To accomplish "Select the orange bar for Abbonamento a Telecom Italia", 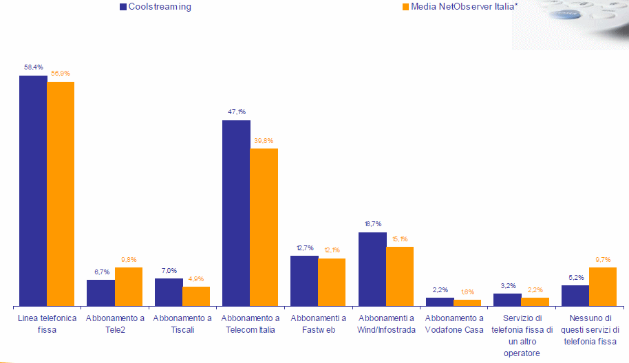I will coord(264,227).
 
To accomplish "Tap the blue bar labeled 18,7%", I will coord(372,269).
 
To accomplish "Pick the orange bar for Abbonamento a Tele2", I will coord(129,286).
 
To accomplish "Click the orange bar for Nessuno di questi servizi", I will coord(603,286).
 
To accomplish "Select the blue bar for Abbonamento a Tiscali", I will coord(169,291).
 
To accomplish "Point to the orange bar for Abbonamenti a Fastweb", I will coord(332,282).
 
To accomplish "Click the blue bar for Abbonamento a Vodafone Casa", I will coord(440,301).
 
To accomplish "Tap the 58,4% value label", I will coord(34,67).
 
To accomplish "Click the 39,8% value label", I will coord(264,141).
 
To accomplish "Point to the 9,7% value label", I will coord(603,259).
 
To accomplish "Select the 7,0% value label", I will coord(169,271).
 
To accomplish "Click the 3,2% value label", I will coord(508,285).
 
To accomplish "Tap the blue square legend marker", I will coord(123,7).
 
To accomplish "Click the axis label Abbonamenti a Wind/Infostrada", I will coord(386,324).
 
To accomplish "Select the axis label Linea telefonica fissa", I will coord(47,324).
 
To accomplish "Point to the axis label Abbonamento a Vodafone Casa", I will coord(454,324).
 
